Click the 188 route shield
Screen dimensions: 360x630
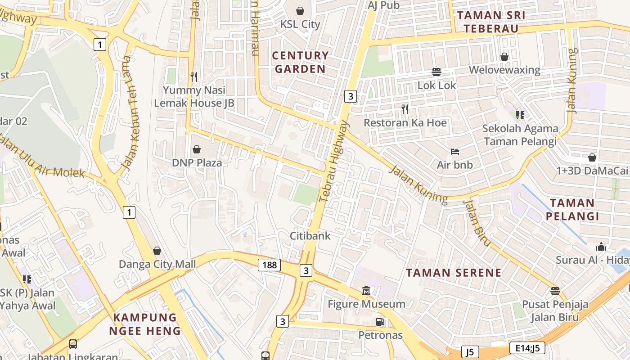coord(269,265)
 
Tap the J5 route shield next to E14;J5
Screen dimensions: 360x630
coord(470,351)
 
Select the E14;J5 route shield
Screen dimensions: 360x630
coord(527,347)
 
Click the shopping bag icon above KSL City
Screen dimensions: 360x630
coord(300,10)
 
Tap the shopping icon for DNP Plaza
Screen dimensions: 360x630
coord(197,149)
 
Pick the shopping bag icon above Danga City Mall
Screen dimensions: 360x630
coord(157,250)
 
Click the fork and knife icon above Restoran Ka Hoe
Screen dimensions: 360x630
coord(405,108)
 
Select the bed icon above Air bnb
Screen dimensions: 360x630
coord(455,151)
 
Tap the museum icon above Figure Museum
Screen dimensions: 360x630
coord(366,291)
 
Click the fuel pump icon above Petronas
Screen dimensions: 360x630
coord(380,321)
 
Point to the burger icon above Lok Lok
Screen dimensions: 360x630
coord(436,72)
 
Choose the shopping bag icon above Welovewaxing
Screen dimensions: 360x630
coord(504,56)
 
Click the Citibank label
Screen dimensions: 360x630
coord(310,235)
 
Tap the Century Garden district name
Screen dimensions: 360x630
coord(300,62)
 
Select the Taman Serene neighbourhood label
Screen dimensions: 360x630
coord(454,272)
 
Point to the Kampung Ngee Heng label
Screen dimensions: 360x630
coord(145,324)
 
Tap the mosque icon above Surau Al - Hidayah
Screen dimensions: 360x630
coord(601,247)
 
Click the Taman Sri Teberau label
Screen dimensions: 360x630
coord(491,22)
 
